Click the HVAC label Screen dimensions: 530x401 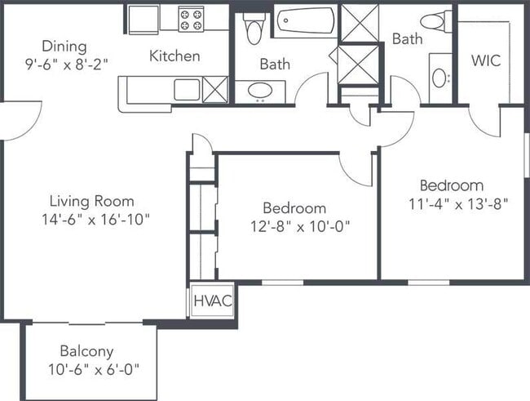tap(213, 301)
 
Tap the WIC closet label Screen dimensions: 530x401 tap(486, 60)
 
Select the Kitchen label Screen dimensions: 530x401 tap(174, 56)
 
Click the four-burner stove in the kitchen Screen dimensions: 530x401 tap(191, 20)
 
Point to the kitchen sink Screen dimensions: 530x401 tap(187, 90)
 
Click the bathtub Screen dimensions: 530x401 tap(306, 20)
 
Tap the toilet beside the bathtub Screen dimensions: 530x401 tap(254, 29)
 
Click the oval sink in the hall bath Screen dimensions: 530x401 tap(260, 91)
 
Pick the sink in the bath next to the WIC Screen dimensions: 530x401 tap(439, 78)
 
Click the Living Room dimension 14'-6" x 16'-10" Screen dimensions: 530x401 tap(95, 220)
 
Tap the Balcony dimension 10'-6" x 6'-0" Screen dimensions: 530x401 tap(94, 369)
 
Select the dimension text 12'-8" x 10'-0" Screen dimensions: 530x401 tap(300, 226)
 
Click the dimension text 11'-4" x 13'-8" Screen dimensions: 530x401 tap(459, 204)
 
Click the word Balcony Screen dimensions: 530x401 tap(86, 351)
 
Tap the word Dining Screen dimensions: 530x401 tap(64, 47)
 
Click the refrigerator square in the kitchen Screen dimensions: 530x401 tap(144, 20)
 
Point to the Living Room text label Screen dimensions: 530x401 tap(92, 201)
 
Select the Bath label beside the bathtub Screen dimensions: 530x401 tap(275, 64)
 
